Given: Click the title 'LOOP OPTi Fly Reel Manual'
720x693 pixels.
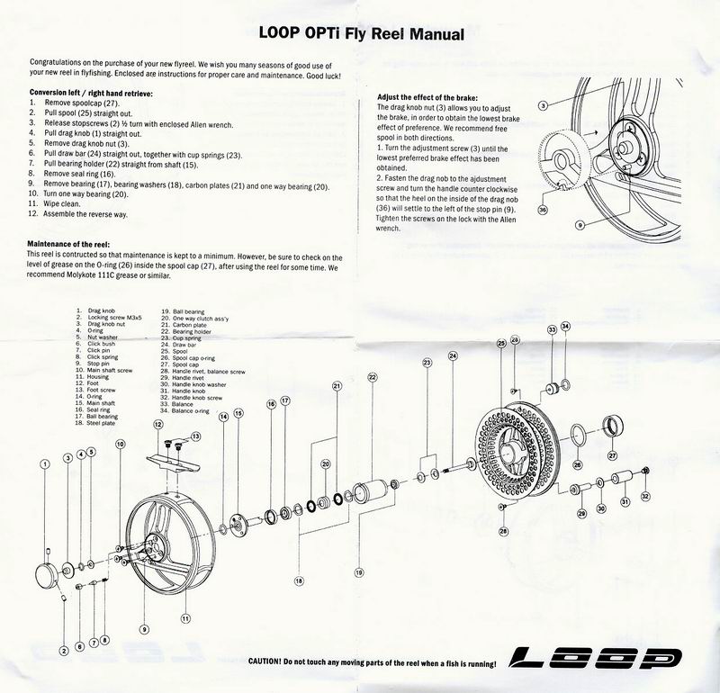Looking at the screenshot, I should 360,35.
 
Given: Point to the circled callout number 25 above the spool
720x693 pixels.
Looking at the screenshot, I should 500,345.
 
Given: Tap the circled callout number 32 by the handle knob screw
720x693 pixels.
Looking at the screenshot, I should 645,496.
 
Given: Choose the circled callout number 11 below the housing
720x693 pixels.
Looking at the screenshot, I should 185,618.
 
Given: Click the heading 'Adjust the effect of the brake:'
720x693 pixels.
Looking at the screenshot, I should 427,96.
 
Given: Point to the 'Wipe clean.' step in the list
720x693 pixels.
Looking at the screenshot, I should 58,204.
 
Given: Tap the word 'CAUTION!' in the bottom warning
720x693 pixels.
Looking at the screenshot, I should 268,661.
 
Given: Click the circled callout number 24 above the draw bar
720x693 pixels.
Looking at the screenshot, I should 453,356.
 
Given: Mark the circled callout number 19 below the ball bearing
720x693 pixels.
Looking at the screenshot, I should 359,571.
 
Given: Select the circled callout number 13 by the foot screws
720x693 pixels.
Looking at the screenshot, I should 196,436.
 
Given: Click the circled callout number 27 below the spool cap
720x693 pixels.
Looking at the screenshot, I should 612,455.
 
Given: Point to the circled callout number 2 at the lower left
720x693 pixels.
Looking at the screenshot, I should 64,650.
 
